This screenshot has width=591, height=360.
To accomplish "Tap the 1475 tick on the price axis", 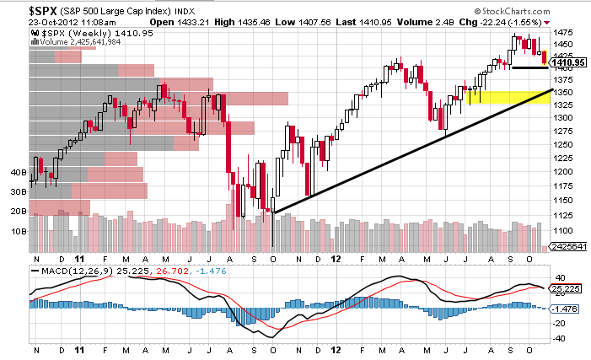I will click(561, 30).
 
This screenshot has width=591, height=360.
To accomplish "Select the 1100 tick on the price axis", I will click(561, 230).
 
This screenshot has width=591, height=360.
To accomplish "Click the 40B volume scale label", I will click(17, 171).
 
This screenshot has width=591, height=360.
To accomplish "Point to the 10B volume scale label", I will click(17, 230).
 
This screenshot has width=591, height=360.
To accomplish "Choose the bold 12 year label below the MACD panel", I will click(336, 348).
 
